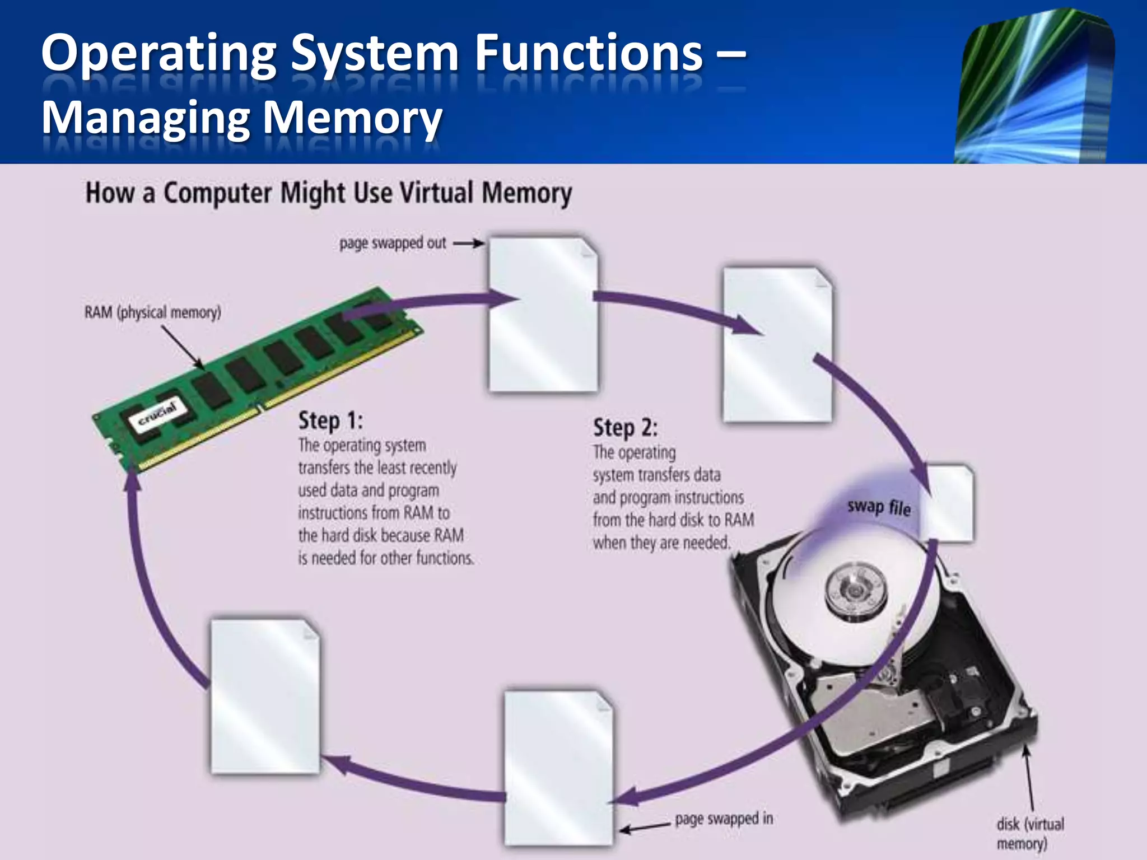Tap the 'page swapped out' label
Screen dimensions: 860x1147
pos(392,243)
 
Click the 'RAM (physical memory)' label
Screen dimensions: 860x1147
pos(152,312)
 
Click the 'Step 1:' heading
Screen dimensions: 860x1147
pos(330,420)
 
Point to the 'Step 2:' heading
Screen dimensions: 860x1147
pos(625,427)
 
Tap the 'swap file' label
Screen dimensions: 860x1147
pos(878,507)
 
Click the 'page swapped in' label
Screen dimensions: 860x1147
pos(724,818)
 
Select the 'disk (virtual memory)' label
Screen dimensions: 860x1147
pos(1029,833)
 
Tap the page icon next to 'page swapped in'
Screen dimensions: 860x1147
pos(558,768)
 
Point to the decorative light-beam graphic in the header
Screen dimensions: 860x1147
pos(1035,87)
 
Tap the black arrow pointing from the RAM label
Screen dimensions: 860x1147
pos(183,347)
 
